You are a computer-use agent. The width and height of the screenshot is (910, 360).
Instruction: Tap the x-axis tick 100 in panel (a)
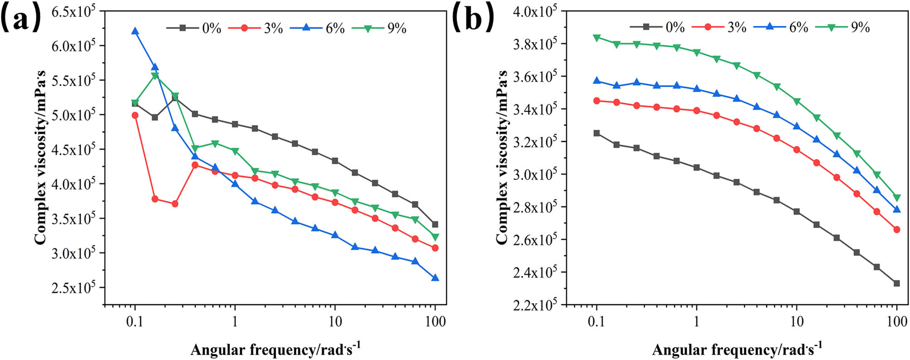point(435,322)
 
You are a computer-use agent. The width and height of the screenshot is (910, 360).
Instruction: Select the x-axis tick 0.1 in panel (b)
point(597,322)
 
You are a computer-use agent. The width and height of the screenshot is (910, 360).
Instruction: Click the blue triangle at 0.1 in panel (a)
point(135,31)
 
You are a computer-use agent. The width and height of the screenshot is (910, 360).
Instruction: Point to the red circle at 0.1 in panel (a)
point(135,115)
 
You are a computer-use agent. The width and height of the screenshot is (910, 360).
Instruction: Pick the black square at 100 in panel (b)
point(896,283)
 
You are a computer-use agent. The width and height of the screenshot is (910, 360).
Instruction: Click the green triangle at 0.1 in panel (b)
point(597,38)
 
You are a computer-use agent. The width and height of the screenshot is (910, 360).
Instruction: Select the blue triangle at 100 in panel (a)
point(435,277)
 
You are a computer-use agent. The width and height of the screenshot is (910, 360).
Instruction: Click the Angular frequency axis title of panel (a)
point(275,350)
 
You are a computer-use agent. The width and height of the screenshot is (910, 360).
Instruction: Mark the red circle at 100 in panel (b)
point(896,230)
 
